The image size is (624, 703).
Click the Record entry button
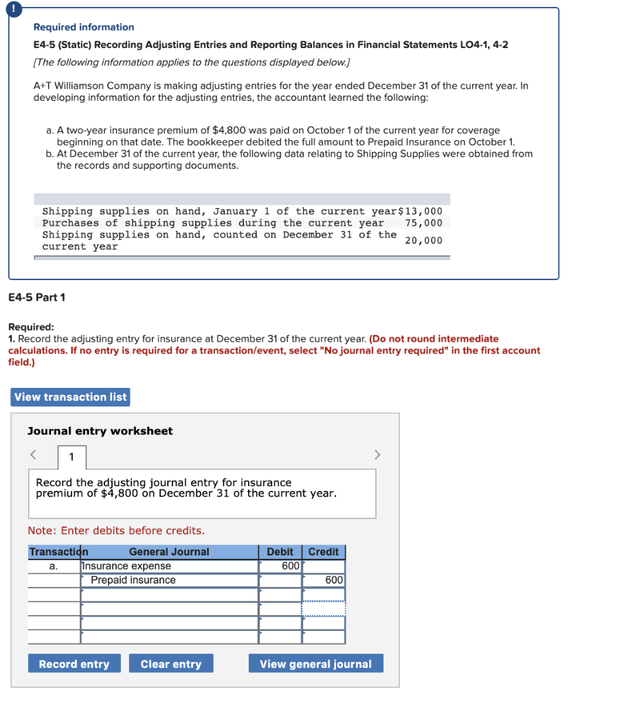[x=74, y=664]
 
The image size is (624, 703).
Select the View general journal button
[x=315, y=664]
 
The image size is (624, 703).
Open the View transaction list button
[x=71, y=397]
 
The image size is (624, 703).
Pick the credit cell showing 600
[x=324, y=581]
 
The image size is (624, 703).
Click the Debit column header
[x=280, y=552]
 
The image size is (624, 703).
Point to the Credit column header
[x=324, y=552]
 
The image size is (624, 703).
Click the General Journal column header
[x=169, y=552]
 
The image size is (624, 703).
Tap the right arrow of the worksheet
[x=376, y=454]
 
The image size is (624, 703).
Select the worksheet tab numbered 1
[x=71, y=457]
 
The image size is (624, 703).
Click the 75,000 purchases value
[x=424, y=223]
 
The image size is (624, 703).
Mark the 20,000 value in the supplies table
[x=424, y=240]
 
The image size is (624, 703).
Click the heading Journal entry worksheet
[x=100, y=431]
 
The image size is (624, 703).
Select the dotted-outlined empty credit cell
[x=324, y=610]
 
